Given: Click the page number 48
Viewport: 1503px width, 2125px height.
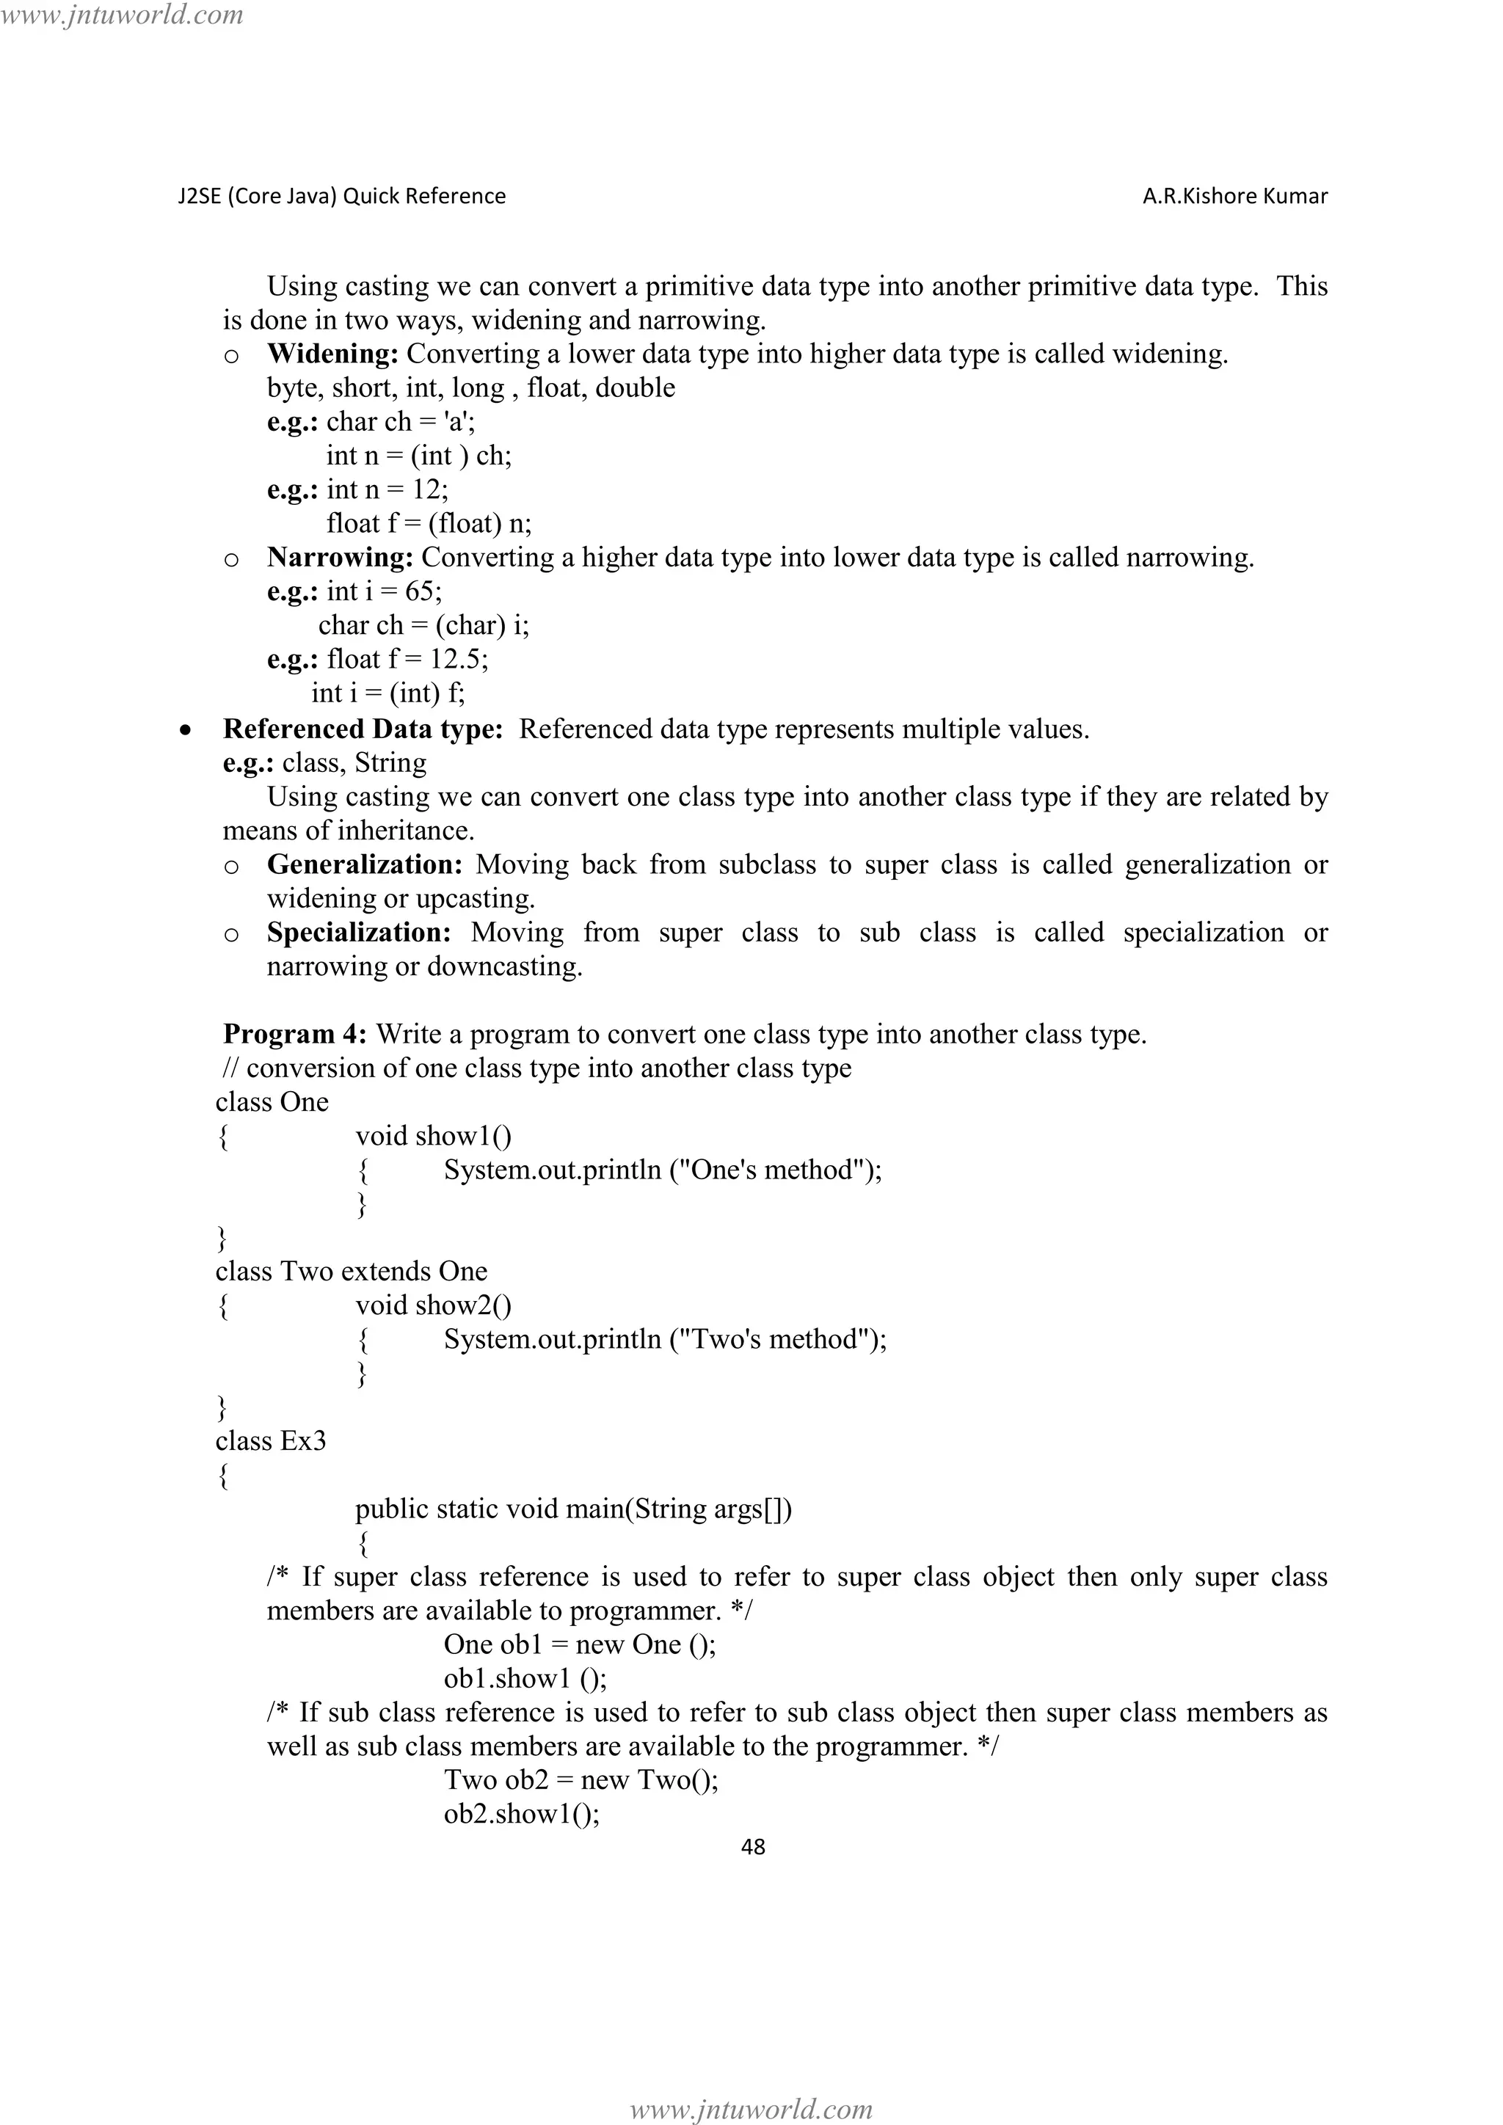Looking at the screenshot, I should (x=754, y=1846).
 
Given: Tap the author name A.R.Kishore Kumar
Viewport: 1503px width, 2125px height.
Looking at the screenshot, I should (x=1234, y=196).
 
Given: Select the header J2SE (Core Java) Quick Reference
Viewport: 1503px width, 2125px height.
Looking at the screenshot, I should (x=341, y=196).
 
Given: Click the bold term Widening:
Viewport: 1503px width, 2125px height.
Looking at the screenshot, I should (x=332, y=354).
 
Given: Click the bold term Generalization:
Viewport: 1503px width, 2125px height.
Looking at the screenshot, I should (x=365, y=864).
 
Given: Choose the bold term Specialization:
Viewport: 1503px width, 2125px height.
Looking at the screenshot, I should (x=359, y=932).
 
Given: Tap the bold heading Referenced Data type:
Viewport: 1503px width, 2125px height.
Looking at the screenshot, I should (x=363, y=729).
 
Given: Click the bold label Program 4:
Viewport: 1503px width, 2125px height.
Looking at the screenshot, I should (x=295, y=1034).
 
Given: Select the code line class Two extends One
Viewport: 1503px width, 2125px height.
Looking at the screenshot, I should (x=351, y=1271).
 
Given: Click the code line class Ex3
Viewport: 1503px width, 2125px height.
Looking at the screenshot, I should (x=270, y=1441).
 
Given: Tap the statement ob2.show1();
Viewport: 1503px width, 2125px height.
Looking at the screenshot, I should (x=521, y=1813).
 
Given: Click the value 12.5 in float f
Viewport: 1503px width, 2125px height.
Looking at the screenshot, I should (x=454, y=659).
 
